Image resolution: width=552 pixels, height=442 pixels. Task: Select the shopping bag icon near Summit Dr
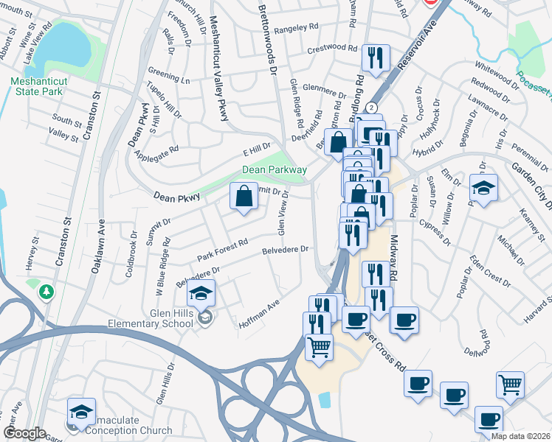click(244, 197)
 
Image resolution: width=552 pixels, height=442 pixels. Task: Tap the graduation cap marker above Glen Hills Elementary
click(201, 292)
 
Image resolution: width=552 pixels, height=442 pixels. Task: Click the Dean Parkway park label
click(275, 170)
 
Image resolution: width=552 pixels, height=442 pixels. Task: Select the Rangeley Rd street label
click(296, 30)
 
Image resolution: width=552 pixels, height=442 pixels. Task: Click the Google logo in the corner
click(24, 433)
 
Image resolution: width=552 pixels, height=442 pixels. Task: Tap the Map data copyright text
click(520, 436)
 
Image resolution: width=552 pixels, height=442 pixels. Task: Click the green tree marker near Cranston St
click(47, 292)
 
